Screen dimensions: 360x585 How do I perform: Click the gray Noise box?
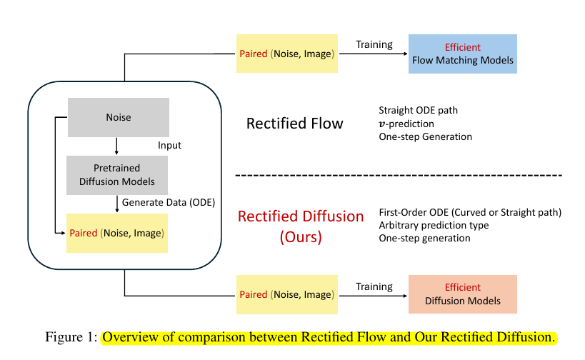(x=118, y=116)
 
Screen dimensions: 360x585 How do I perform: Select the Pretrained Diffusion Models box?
(x=117, y=175)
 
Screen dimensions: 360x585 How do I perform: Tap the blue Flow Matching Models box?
(x=462, y=54)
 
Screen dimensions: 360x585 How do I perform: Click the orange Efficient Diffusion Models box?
(x=462, y=294)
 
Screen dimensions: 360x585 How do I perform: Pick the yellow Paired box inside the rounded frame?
(x=116, y=234)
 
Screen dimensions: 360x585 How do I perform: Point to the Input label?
(x=169, y=146)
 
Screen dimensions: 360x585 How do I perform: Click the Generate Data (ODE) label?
(x=169, y=201)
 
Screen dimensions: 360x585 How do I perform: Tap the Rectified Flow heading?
(x=294, y=124)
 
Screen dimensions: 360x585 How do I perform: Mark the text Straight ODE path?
(x=418, y=111)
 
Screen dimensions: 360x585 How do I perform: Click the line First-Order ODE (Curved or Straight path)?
(x=470, y=212)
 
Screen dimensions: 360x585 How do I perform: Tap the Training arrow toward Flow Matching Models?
(x=374, y=54)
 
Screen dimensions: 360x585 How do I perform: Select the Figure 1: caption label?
(x=71, y=336)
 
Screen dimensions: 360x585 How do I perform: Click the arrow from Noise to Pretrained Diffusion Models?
(x=117, y=146)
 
